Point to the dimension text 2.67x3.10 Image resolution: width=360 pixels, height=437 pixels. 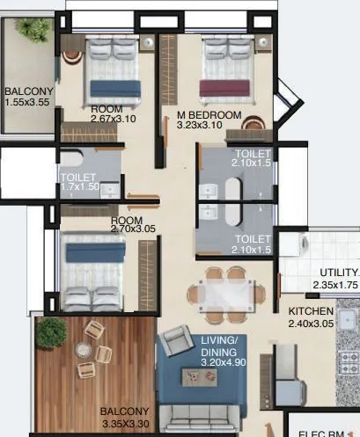115,120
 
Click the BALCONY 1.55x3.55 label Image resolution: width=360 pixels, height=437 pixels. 29,97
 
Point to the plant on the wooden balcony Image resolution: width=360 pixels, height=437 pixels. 51,332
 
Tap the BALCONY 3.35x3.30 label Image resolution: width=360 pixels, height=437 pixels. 123,417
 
